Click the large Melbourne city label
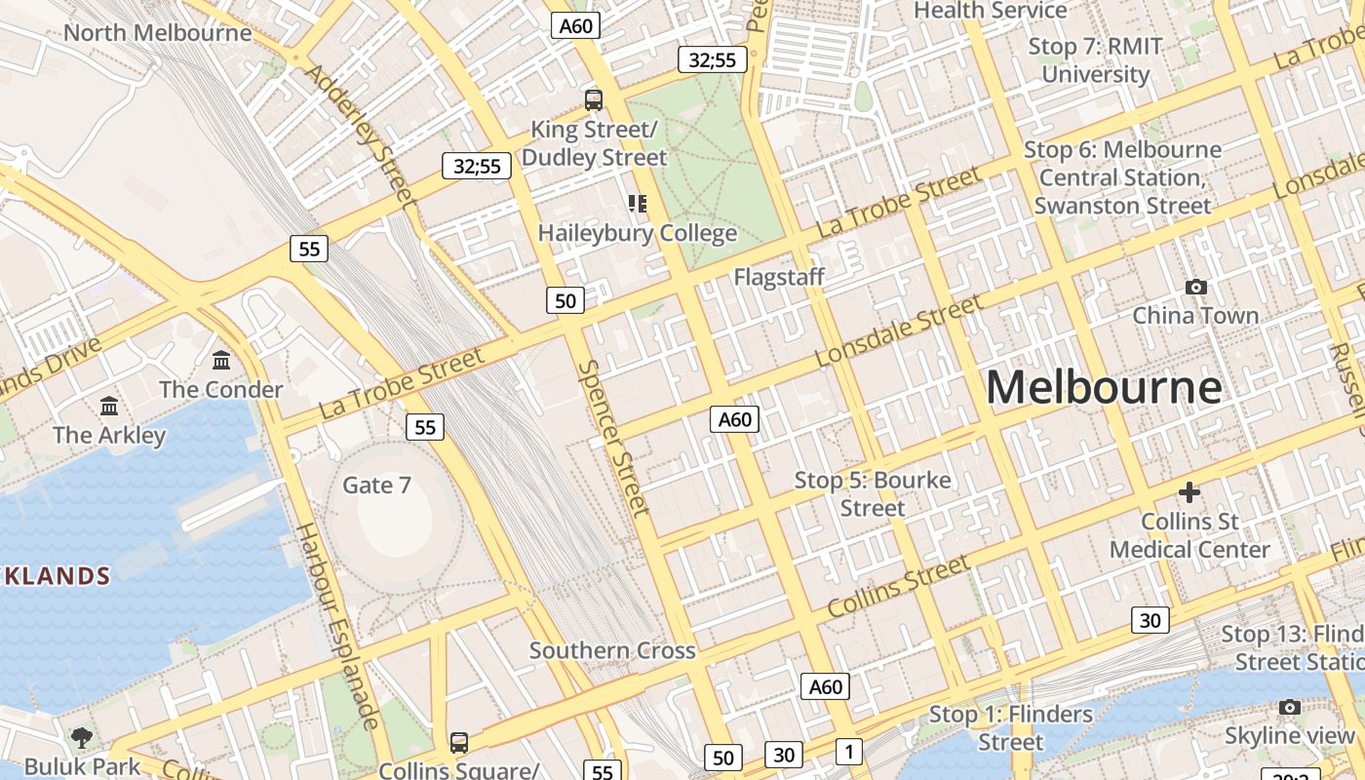1104,388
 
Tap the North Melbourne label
157,32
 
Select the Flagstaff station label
779,277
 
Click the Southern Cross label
612,650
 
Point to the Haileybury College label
638,234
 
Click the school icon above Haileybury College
638,204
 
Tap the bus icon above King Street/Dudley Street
593,99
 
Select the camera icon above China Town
1195,287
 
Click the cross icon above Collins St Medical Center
1189,492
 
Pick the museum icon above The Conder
221,361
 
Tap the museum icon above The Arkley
109,406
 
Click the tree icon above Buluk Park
82,737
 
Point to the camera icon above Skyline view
1290,707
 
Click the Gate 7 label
376,485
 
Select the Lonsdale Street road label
899,331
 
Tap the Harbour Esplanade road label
337,626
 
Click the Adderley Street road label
360,136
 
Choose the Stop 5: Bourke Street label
873,493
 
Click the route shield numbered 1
849,752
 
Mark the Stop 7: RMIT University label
1096,60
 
